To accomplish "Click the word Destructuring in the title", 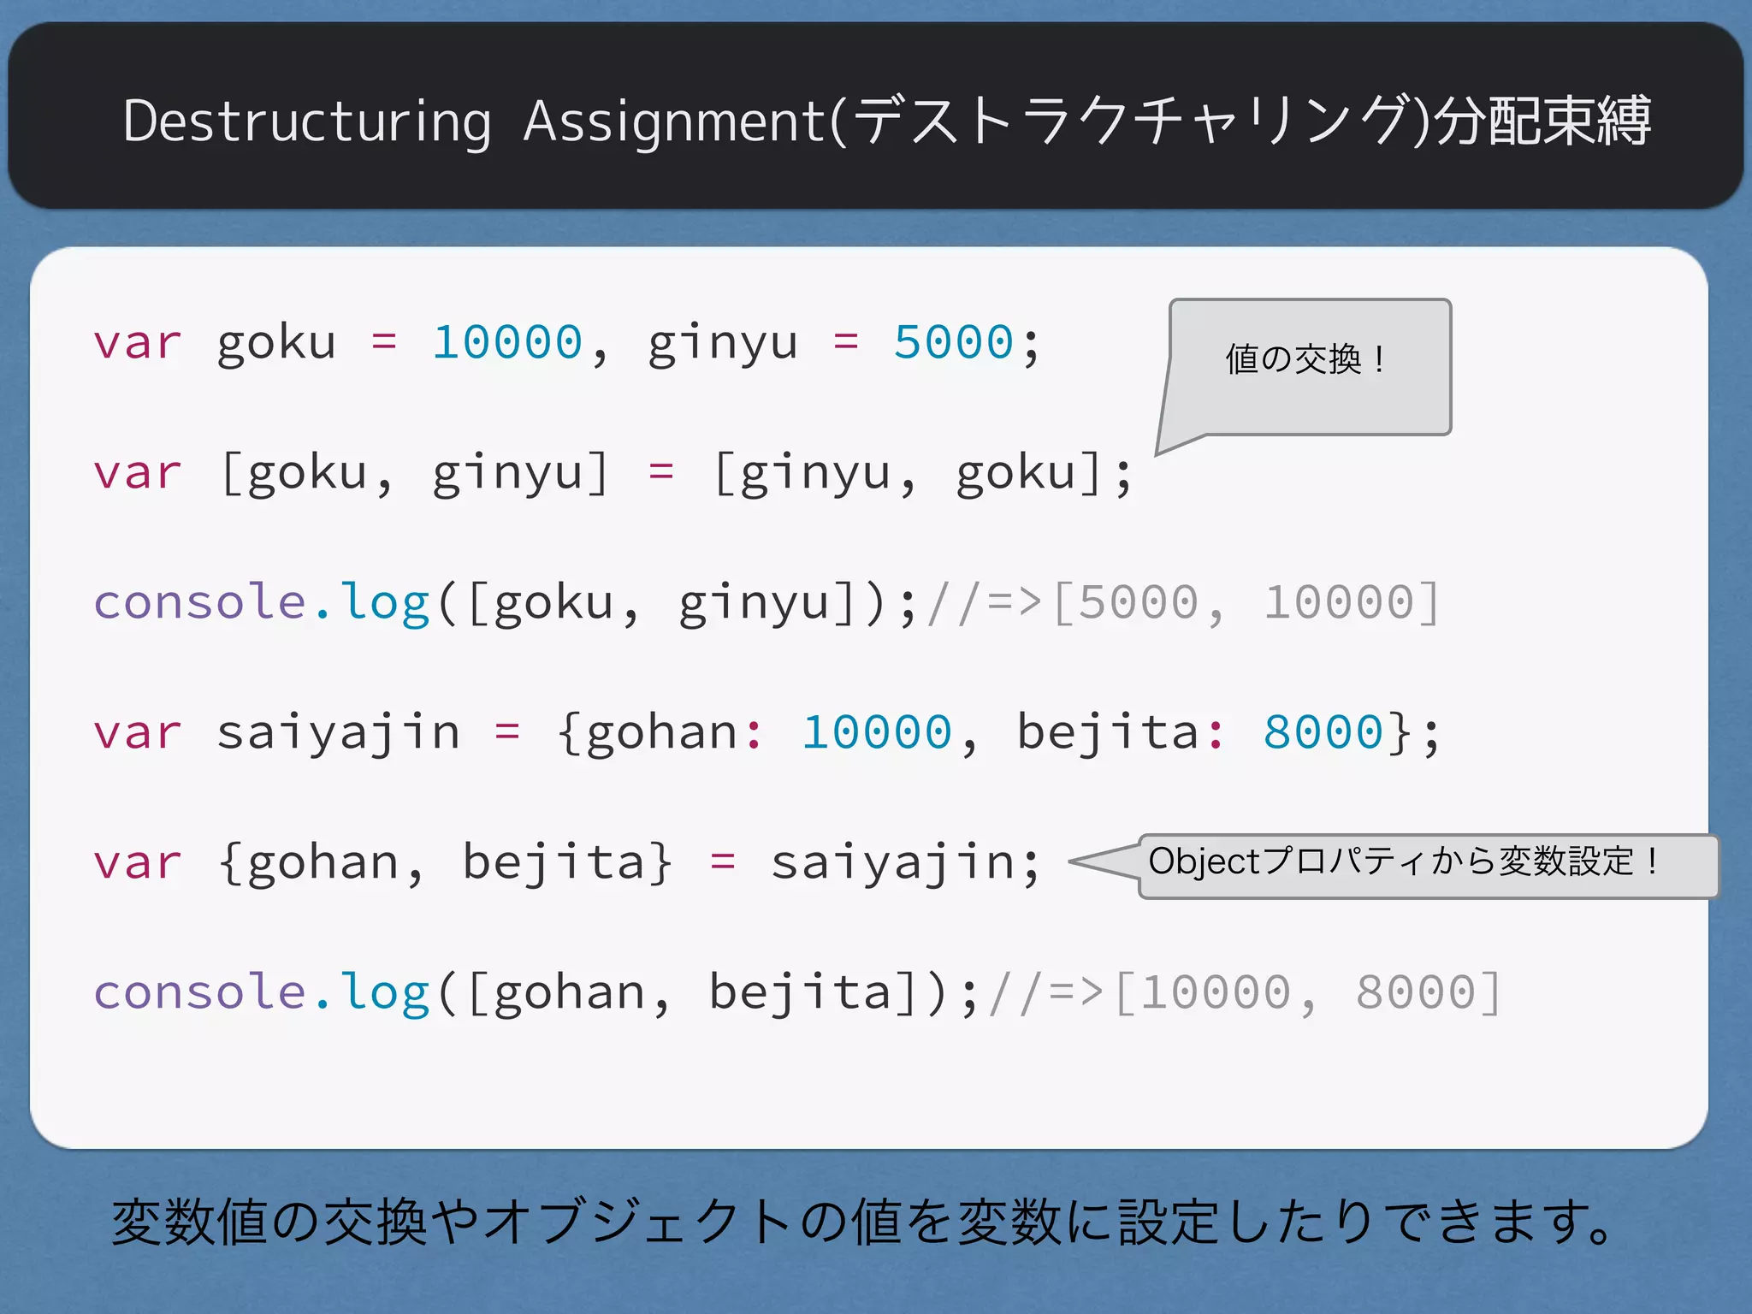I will point(307,121).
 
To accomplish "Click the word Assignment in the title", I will point(675,121).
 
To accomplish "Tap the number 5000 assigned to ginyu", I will point(953,343).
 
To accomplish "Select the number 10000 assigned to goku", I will point(507,343).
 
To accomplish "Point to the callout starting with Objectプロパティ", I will point(1427,864).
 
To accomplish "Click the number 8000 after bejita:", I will point(1323,732).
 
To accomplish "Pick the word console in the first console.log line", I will point(199,602).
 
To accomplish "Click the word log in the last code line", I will point(384,992).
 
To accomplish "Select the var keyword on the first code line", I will point(138,343).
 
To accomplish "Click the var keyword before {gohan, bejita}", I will point(138,862).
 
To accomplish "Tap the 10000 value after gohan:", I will point(876,732).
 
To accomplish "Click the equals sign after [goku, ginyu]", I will point(660,472).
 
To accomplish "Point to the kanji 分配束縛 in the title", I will point(1542,121).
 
